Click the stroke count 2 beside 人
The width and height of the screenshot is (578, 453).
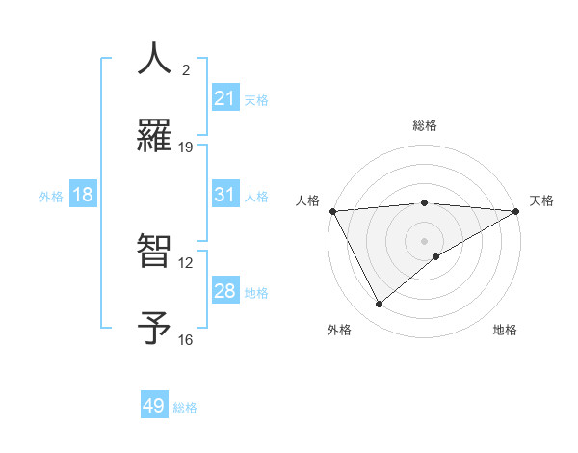(186, 69)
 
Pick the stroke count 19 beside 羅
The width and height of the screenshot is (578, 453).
(186, 147)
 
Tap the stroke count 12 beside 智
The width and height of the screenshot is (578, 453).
(186, 262)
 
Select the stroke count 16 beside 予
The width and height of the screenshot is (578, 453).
(186, 340)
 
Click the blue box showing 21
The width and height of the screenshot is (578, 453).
(225, 98)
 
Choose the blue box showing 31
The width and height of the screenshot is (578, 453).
(225, 195)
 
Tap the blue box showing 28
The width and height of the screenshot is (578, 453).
(225, 291)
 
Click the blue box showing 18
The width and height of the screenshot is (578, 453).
(83, 195)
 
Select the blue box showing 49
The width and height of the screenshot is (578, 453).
(154, 406)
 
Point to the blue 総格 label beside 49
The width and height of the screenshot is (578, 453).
(185, 408)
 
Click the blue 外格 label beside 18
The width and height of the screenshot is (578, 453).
(51, 197)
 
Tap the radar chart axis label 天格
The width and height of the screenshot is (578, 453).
(541, 200)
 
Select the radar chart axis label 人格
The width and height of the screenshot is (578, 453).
(307, 200)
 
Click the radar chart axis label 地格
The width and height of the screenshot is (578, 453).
(505, 330)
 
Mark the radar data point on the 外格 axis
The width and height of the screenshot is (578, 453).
(380, 305)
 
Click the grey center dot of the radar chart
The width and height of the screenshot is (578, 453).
(424, 240)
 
